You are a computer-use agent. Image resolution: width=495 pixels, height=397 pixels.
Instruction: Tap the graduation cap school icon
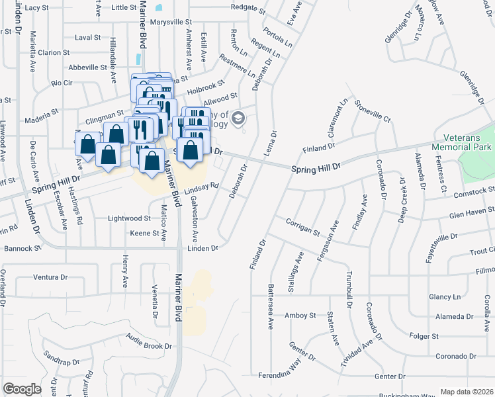click(239, 119)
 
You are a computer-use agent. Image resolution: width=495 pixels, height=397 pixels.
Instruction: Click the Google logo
click(22, 389)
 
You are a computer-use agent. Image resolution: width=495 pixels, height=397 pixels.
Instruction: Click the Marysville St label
click(171, 22)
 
